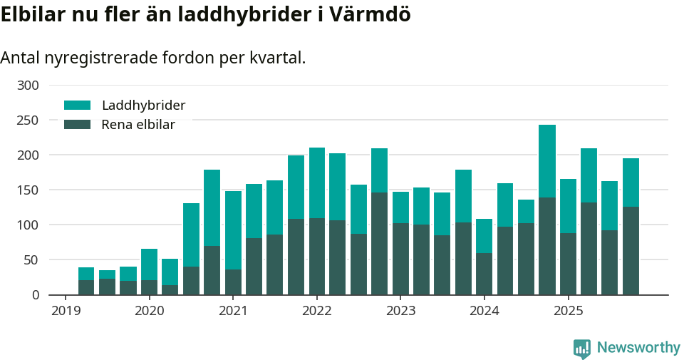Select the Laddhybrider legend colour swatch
pos(77,106)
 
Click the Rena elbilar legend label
pos(138,125)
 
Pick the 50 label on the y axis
pos(32,260)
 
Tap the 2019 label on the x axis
pos(66,311)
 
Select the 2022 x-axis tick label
pos(317,311)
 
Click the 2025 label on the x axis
pos(569,311)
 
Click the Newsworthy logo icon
pos(582,349)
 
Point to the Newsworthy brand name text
pos(638,348)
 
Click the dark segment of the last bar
pos(631,250)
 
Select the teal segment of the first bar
pos(86,274)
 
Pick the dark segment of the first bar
pos(86,287)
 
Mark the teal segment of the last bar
pos(631,182)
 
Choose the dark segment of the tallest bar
pos(547,246)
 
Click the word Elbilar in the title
pos(32,15)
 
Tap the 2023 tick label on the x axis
pos(400,311)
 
